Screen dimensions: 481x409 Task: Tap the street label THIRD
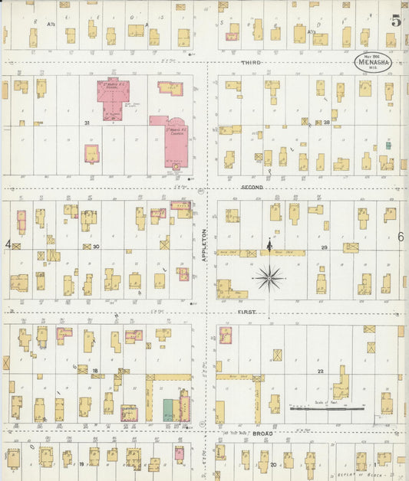[x=251, y=62]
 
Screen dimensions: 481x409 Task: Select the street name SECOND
[x=252, y=188]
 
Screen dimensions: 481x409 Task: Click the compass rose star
[x=269, y=277]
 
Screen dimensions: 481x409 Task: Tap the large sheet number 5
[x=396, y=21]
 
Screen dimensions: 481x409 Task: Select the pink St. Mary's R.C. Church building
[x=174, y=138]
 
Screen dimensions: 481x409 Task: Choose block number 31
[x=87, y=123]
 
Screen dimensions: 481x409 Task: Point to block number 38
[x=326, y=123]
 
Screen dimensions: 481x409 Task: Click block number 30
[x=96, y=247]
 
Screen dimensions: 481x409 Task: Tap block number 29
[x=324, y=247]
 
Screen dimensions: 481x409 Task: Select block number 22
[x=322, y=371]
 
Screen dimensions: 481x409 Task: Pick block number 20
[x=272, y=464]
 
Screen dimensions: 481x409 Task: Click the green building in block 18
[x=167, y=409]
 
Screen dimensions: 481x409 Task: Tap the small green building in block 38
[x=388, y=145]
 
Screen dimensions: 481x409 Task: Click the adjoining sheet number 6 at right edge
[x=401, y=237]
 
